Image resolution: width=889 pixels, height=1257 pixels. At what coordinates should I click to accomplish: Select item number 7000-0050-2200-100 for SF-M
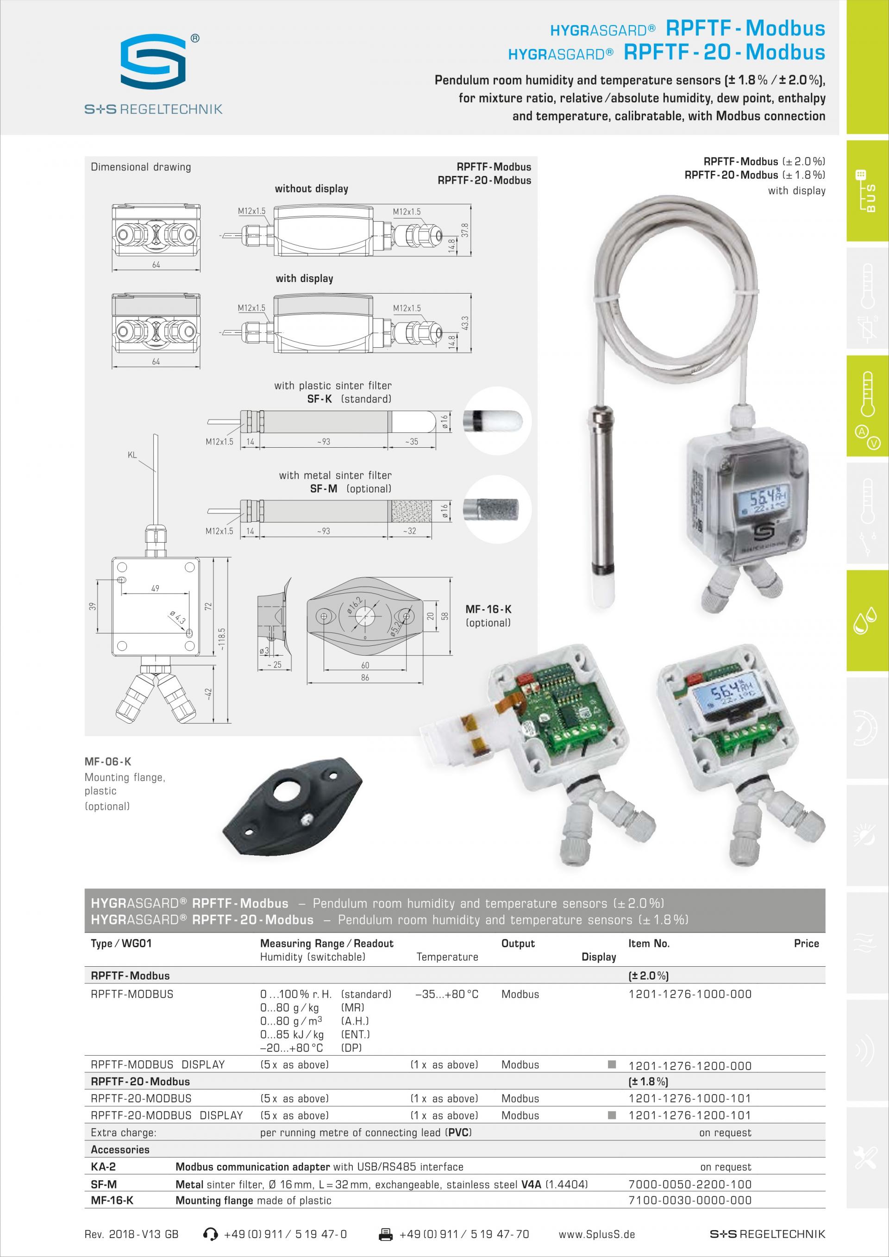pos(690,1184)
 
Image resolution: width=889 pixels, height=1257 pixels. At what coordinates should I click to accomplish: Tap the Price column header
pos(806,943)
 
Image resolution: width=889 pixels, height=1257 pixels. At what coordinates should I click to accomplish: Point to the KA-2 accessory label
pos(103,1167)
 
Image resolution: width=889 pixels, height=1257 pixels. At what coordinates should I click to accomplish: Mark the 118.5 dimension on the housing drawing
pos(222,638)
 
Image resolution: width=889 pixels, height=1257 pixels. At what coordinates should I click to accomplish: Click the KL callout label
pos(132,455)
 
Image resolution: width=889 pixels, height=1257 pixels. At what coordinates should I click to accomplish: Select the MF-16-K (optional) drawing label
pos(488,615)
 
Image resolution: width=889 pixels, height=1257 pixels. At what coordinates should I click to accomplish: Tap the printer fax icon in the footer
pos(386,1234)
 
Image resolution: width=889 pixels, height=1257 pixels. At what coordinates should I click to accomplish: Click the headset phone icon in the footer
pos(210,1234)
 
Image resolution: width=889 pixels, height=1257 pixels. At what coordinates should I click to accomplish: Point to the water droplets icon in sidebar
pos(864,622)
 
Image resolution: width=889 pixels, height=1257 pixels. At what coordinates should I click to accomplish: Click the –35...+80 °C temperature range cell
pos(447,994)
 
